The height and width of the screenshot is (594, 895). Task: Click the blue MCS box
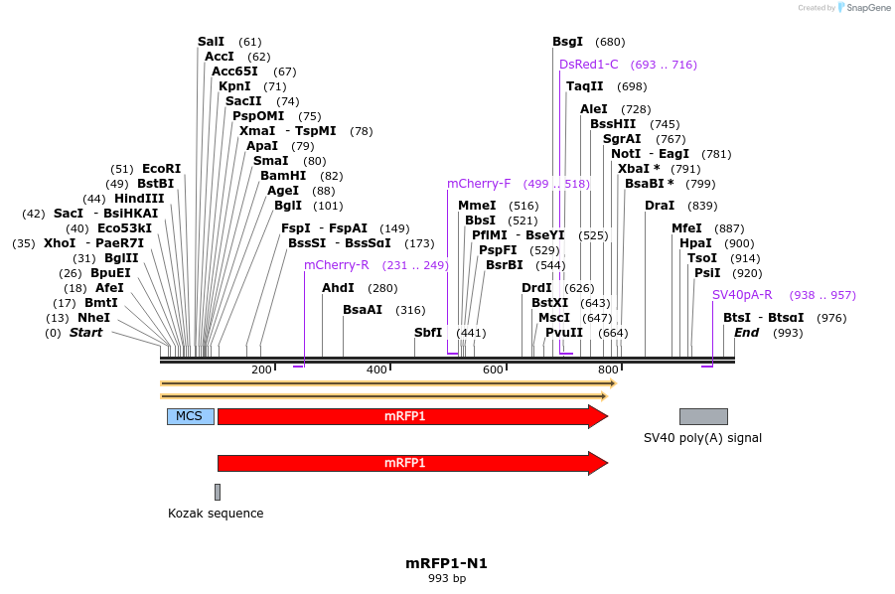pos(190,416)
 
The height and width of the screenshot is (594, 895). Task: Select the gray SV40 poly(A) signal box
pos(703,416)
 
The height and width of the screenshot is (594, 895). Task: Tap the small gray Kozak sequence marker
pos(218,492)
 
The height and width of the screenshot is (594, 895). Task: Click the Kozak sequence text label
pos(216,514)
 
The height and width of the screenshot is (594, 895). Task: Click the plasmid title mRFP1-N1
pos(446,563)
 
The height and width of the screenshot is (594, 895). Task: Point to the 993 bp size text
pos(446,578)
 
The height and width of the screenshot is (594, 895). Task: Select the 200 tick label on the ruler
pos(261,370)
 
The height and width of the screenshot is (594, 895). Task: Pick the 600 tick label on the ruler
pos(493,370)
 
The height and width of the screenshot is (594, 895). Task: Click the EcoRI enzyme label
pos(161,169)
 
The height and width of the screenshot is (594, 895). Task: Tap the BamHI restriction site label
pos(283,176)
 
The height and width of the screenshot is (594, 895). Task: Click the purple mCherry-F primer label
pos(479,184)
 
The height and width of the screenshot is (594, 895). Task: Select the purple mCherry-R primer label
pos(337,265)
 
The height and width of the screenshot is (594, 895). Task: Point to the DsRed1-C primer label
pos(588,65)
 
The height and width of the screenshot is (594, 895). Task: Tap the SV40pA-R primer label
pos(742,295)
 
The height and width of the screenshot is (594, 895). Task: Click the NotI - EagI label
pos(650,154)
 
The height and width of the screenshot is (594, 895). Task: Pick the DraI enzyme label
pos(659,206)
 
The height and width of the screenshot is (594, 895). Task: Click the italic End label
pos(746,333)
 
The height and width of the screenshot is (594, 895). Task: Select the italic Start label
pos(85,333)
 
